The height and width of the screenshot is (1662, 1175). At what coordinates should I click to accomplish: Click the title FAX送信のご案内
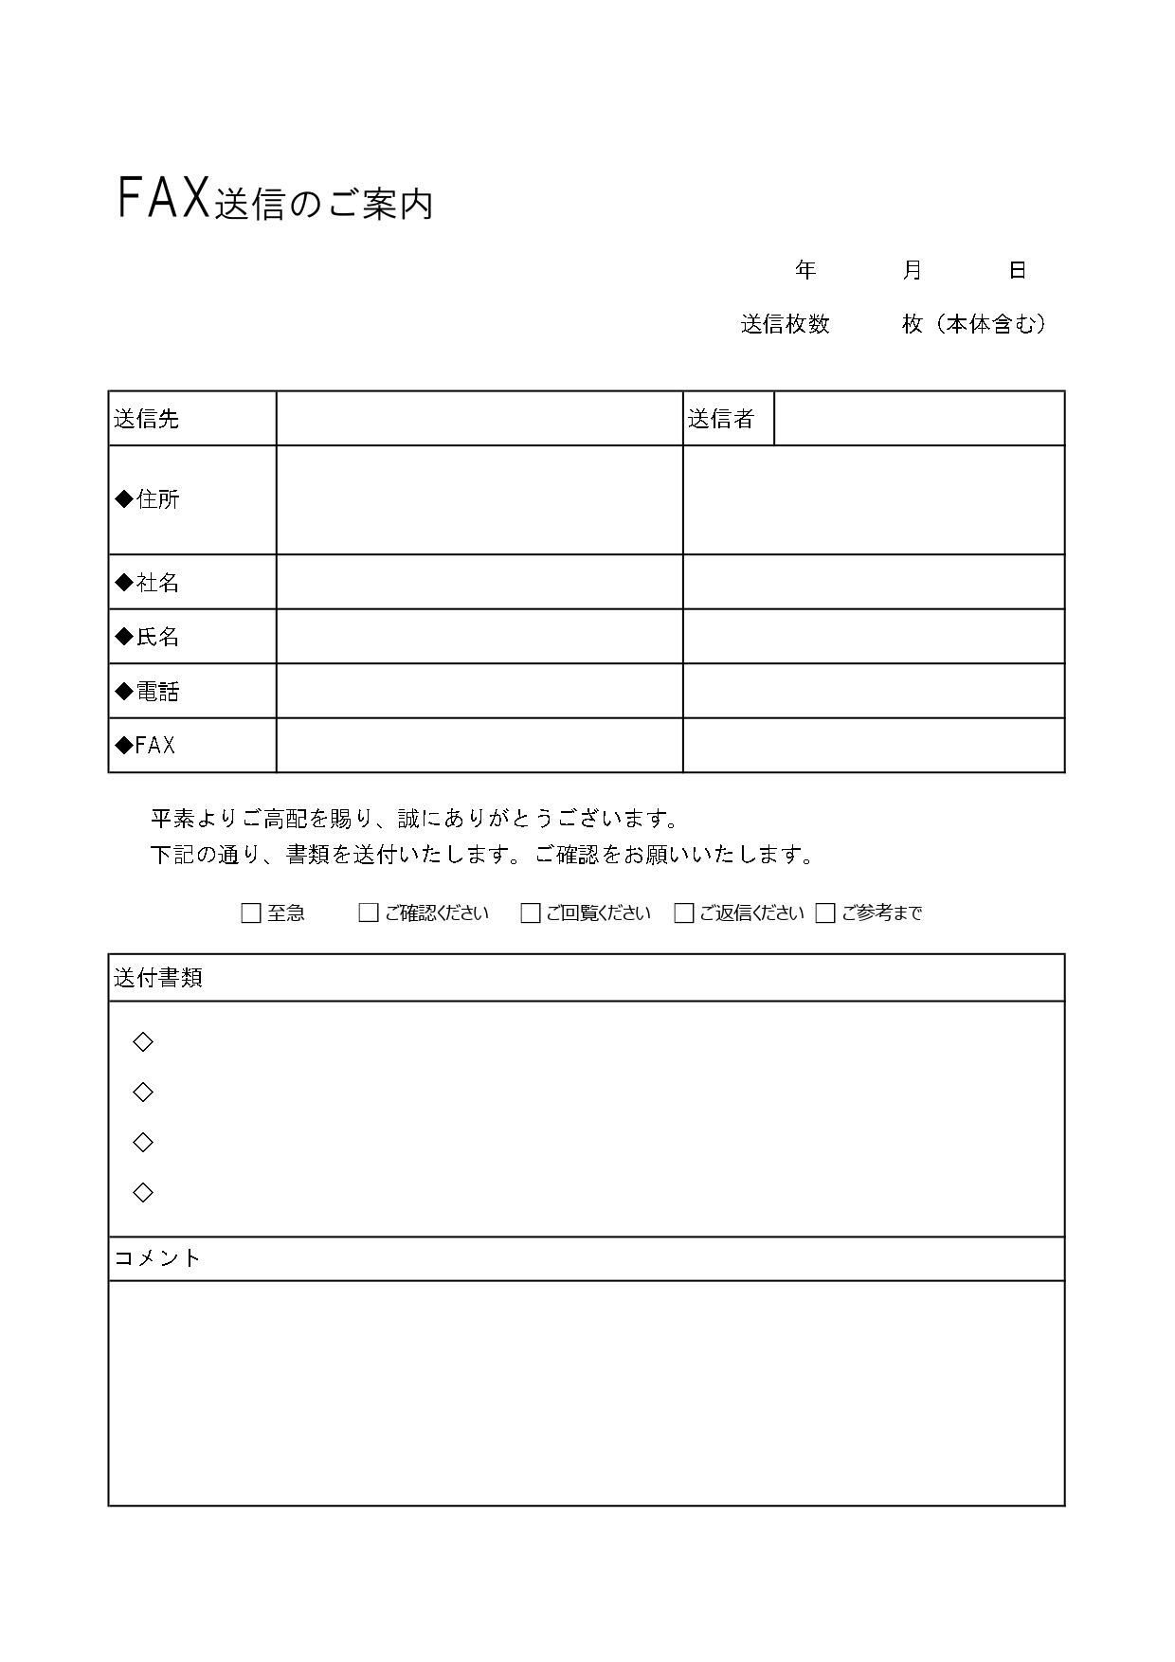coord(275,200)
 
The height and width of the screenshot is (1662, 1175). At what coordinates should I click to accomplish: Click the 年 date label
coord(805,271)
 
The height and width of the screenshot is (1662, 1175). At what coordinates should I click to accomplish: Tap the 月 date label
coord(912,271)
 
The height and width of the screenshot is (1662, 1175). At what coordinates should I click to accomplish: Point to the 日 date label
coord(1017,271)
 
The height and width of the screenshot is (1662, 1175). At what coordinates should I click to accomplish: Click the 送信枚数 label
coord(785,324)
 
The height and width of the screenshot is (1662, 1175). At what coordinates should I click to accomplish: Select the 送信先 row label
coord(147,419)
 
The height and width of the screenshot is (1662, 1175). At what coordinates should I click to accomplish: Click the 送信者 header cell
coord(721,419)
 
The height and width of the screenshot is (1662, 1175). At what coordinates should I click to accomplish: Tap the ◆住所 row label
coord(148,499)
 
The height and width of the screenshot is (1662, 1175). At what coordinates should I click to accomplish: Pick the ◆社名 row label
coord(148,582)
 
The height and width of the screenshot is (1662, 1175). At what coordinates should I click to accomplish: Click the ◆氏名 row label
coord(148,637)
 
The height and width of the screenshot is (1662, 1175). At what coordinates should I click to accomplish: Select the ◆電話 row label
coord(148,692)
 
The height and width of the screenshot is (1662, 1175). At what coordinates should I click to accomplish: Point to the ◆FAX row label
coord(146,746)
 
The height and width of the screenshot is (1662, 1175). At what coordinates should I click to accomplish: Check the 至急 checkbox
coord(251,913)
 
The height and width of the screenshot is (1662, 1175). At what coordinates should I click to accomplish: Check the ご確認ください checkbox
coord(369,913)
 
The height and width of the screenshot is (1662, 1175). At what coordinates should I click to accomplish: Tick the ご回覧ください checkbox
coord(531,913)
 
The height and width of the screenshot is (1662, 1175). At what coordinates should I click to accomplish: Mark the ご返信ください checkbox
coord(684,913)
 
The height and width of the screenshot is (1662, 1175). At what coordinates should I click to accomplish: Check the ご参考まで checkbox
coord(825,913)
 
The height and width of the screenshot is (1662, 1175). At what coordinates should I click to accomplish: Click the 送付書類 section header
coord(158,978)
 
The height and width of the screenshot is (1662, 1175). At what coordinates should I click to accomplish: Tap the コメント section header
coord(157,1258)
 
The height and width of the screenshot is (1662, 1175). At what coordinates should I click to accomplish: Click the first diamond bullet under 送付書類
coord(143,1042)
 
